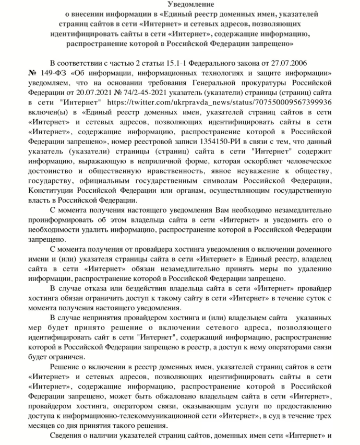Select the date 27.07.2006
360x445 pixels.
pyautogui.click(x=306, y=62)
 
